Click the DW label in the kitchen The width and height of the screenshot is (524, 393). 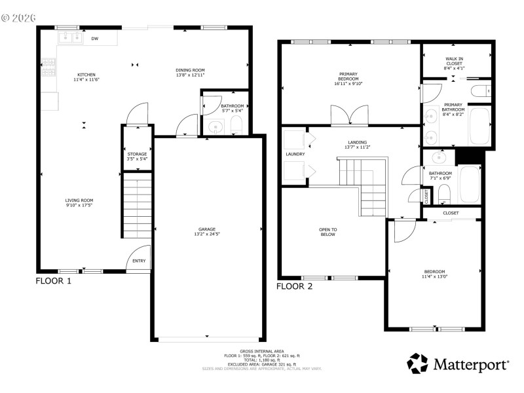point(95,39)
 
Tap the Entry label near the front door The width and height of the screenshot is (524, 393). point(139,261)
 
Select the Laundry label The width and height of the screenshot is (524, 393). point(295,154)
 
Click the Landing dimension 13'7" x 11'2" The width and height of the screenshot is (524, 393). point(357,147)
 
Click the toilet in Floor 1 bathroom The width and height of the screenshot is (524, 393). point(236,126)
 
